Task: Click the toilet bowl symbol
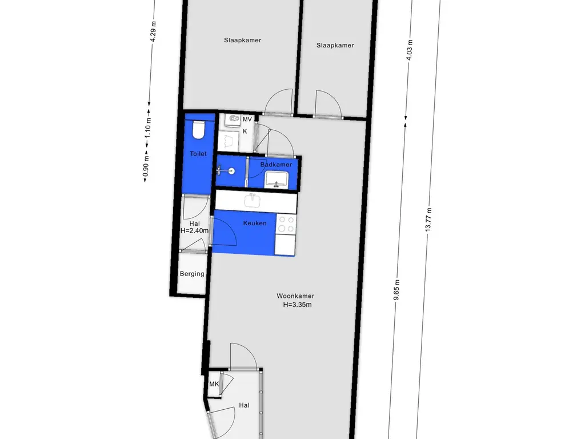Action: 198,130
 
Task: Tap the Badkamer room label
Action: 276,165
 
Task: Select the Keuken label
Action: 255,224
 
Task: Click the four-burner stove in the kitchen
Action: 286,224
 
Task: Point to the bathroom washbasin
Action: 277,179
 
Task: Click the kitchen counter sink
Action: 253,201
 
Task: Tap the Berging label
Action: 192,274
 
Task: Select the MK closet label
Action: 214,384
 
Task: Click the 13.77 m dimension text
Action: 428,219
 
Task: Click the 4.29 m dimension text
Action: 153,31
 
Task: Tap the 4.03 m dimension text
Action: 410,50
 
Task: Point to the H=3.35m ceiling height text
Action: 297,305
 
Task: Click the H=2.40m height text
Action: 194,231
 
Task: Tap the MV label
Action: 247,119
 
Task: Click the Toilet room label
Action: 198,154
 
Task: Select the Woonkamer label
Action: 295,296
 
